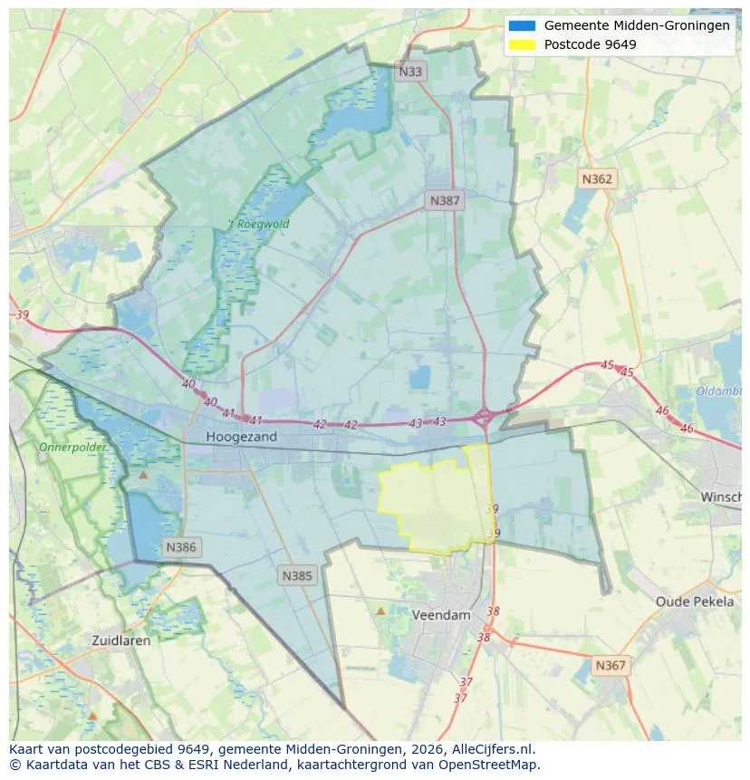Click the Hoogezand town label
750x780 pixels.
point(241,437)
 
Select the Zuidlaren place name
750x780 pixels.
point(121,640)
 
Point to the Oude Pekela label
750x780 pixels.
point(695,602)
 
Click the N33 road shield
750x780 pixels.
point(411,71)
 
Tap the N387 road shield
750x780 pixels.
point(445,200)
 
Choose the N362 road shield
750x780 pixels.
point(596,178)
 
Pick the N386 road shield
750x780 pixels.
point(180,547)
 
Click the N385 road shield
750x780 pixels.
point(297,575)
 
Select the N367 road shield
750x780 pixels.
point(610,666)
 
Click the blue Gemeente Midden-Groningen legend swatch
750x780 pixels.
point(523,26)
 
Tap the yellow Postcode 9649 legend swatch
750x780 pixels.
point(523,44)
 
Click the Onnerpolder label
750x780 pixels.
point(72,448)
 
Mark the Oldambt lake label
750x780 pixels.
point(720,391)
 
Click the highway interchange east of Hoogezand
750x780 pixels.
point(484,418)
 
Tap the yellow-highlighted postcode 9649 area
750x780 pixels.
point(432,503)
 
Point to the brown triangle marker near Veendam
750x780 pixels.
point(380,611)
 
